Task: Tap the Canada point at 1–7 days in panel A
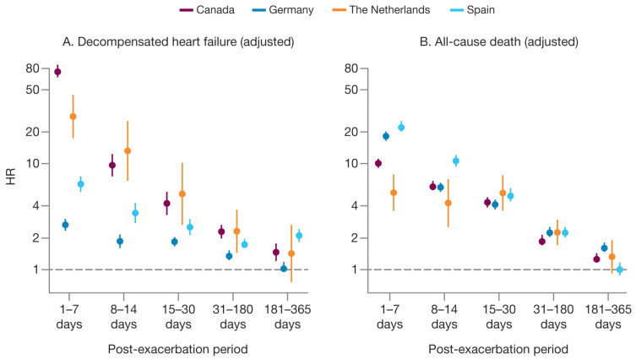57,72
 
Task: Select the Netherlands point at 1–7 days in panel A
73,117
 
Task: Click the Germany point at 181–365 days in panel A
284,269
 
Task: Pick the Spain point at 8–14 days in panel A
135,213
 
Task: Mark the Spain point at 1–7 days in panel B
401,128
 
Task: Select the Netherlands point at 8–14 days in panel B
448,203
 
